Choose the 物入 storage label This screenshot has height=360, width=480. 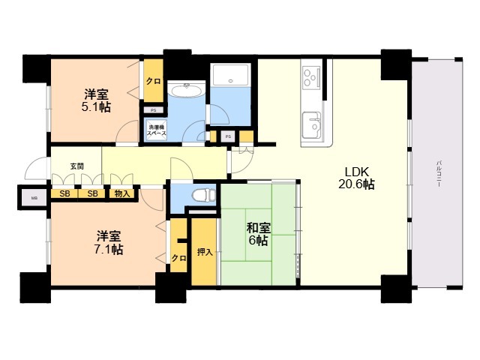tap(121, 194)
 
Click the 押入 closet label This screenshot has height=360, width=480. tap(204, 252)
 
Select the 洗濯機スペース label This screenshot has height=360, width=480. tap(156, 130)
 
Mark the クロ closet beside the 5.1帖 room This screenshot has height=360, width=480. tap(153, 81)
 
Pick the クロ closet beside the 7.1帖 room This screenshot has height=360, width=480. tap(178, 257)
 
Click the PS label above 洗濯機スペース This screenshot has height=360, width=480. tap(153, 109)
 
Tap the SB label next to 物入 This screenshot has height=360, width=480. tap(92, 194)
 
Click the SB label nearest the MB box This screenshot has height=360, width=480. tap(64, 194)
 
